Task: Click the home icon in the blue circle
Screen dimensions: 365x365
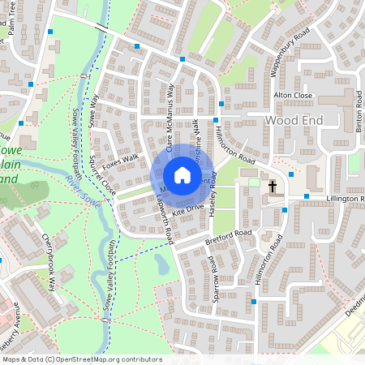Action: pyautogui.click(x=182, y=175)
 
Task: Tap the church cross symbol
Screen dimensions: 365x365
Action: pyautogui.click(x=273, y=187)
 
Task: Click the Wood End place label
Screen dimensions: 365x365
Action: pyautogui.click(x=294, y=120)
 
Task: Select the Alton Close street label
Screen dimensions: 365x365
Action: pyautogui.click(x=293, y=95)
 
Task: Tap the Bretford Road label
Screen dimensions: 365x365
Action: pyautogui.click(x=230, y=235)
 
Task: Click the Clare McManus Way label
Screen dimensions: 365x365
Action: pyautogui.click(x=170, y=118)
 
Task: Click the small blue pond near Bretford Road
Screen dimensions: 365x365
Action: pyautogui.click(x=161, y=263)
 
